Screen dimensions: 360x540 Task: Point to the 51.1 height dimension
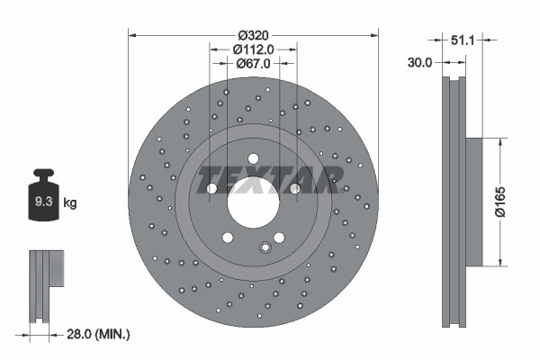click(461, 40)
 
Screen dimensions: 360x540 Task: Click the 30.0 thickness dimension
click(420, 62)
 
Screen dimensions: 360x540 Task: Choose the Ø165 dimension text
click(509, 203)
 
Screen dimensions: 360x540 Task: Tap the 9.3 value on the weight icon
click(43, 202)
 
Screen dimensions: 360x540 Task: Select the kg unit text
click(69, 203)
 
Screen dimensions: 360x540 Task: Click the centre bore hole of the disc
click(253, 203)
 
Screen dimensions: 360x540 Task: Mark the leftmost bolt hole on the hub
click(211, 189)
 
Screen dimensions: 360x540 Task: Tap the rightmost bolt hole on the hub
click(294, 188)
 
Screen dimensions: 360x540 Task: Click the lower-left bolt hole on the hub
click(228, 238)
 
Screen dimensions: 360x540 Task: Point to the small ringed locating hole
click(265, 247)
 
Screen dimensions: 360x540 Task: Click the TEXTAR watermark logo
click(267, 180)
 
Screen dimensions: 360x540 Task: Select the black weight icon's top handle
click(43, 173)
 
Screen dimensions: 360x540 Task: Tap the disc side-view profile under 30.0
click(455, 203)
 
